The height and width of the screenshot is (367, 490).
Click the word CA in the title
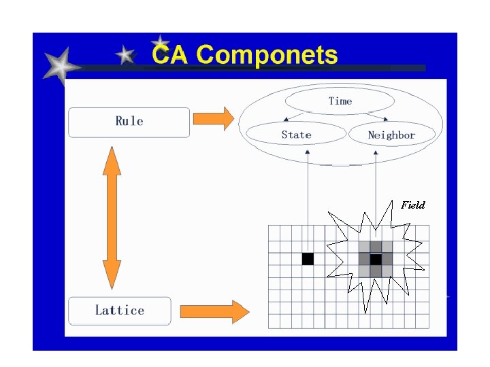(x=170, y=54)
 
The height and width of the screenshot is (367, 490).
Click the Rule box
(x=129, y=122)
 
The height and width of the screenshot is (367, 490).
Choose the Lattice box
(x=119, y=311)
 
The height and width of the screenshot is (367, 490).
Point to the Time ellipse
(x=340, y=101)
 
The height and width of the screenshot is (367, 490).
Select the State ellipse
(x=296, y=135)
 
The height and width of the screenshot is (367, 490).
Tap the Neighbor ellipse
(x=391, y=135)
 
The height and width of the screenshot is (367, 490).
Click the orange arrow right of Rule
(x=213, y=118)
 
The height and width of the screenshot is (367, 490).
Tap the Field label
(x=412, y=205)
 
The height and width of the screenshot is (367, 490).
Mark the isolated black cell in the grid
(x=308, y=259)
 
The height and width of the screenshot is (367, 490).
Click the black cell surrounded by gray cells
(x=376, y=259)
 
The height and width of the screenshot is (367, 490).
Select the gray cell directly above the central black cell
(x=376, y=247)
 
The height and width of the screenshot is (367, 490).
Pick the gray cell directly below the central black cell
(x=376, y=270)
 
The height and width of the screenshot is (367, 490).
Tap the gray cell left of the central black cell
(x=364, y=259)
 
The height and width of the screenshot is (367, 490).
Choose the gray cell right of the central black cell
(x=387, y=259)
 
